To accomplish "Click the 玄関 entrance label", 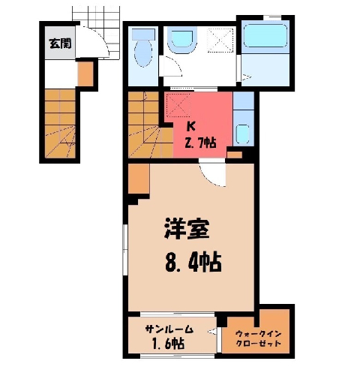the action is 60,44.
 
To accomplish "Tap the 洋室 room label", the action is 187,228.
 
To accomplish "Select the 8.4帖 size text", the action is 193,263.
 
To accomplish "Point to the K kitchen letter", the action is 191,127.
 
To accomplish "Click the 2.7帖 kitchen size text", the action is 200,143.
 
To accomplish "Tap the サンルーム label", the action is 169,329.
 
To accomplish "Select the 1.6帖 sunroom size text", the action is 168,343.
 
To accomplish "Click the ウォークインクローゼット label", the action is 259,338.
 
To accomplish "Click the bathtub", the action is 265,35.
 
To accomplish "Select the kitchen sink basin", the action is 242,134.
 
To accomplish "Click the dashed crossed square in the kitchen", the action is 177,105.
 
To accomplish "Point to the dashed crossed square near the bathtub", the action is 220,40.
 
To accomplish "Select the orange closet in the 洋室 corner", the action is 139,179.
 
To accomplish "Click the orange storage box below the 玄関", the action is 85,74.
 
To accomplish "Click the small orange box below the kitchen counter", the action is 235,155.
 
